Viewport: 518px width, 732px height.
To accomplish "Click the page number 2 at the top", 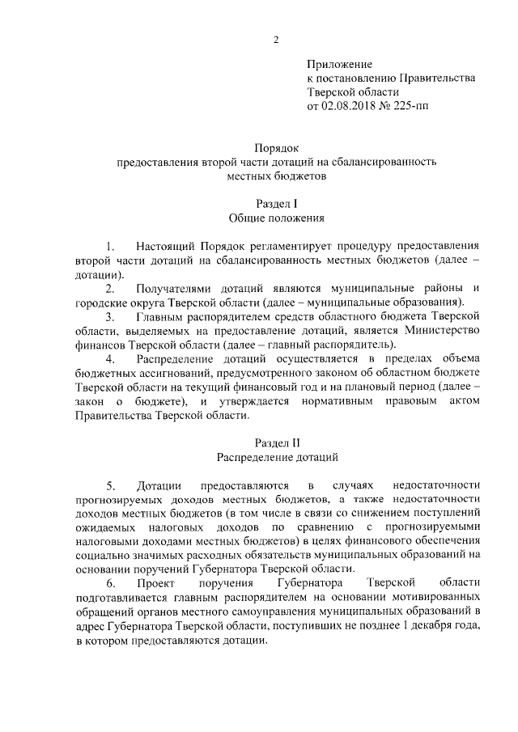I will [277, 40].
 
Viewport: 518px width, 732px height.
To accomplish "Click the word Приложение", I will [339, 64].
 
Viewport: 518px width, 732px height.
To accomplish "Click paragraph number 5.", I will [110, 485].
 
